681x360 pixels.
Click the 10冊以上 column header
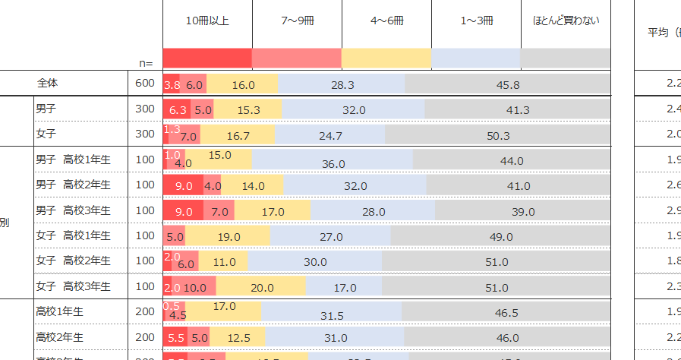[207, 21]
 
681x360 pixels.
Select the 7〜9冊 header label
[297, 21]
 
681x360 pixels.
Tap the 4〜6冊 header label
[386, 21]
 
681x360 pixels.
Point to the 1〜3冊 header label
[476, 21]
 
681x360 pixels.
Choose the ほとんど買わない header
[566, 21]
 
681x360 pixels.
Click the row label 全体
[48, 83]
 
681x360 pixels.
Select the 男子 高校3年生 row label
[73, 210]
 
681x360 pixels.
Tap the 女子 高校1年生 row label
[73, 236]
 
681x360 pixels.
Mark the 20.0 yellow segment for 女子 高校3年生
[261, 288]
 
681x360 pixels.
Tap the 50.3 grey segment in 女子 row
[497, 136]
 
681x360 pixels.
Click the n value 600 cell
[144, 83]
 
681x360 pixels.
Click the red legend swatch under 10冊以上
[207, 58]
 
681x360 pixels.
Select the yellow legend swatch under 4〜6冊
[386, 58]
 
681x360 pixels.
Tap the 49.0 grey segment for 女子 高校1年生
[500, 237]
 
